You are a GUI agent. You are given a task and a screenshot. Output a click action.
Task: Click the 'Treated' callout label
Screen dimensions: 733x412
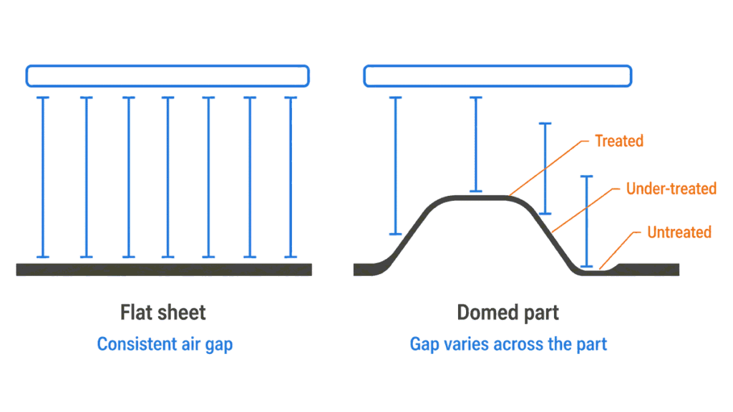[x=619, y=141]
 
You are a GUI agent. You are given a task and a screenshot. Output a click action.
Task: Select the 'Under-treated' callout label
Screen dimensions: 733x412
[x=671, y=188]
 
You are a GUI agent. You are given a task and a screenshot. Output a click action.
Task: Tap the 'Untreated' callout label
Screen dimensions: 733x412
[x=679, y=232]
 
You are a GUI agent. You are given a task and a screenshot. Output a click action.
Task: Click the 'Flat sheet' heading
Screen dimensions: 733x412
[x=162, y=313]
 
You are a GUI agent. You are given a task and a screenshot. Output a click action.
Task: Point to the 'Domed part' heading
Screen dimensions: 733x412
[x=508, y=313]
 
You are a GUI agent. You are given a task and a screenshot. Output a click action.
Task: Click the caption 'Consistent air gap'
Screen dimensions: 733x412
[x=165, y=344]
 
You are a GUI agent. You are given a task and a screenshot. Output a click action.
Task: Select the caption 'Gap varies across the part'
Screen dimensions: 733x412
[x=508, y=344]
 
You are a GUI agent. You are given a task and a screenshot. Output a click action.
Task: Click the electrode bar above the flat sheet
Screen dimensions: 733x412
[x=168, y=76]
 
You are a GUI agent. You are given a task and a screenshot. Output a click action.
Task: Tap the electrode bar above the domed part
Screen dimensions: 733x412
[x=498, y=76]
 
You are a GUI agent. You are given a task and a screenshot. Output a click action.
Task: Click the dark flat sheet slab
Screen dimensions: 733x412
[x=164, y=270]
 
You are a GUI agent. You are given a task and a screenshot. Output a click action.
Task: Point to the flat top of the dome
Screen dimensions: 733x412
[x=480, y=198]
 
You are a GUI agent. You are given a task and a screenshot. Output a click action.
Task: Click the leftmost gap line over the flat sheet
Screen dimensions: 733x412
[x=43, y=177]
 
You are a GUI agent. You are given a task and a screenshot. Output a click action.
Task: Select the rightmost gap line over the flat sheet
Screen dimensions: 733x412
[x=291, y=177]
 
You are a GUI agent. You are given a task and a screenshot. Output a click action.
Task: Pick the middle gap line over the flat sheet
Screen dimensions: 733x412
[x=168, y=177]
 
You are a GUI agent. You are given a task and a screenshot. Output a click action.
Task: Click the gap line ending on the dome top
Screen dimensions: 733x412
[x=476, y=144]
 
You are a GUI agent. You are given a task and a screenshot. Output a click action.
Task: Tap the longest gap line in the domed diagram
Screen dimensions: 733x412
[x=395, y=165]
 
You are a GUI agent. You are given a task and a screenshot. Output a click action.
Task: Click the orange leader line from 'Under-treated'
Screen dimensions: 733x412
[x=586, y=210]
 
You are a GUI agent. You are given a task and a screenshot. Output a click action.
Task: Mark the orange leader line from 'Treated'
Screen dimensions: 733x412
[x=549, y=167]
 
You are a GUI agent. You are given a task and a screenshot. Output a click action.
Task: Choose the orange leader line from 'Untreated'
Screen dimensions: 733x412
[x=619, y=250]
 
